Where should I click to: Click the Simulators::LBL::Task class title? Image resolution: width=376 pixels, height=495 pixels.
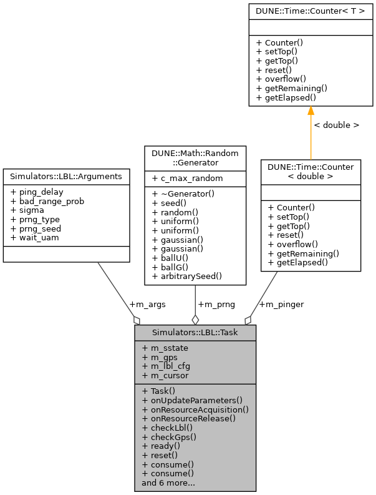click(195, 333)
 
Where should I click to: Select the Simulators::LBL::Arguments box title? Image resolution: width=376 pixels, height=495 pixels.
click(67, 177)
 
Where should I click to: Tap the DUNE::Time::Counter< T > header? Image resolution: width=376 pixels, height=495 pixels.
click(310, 11)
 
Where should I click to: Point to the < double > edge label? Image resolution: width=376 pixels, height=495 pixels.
click(336, 125)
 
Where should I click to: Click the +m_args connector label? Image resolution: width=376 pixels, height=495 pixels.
click(147, 304)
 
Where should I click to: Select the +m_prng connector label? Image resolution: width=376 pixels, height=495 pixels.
click(216, 304)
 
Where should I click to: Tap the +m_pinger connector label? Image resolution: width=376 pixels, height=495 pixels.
click(281, 304)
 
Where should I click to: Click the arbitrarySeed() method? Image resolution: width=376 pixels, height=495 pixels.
click(186, 275)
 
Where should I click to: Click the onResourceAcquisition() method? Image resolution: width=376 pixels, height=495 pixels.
click(195, 409)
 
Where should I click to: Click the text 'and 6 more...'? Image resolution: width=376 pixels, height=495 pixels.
click(168, 483)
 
